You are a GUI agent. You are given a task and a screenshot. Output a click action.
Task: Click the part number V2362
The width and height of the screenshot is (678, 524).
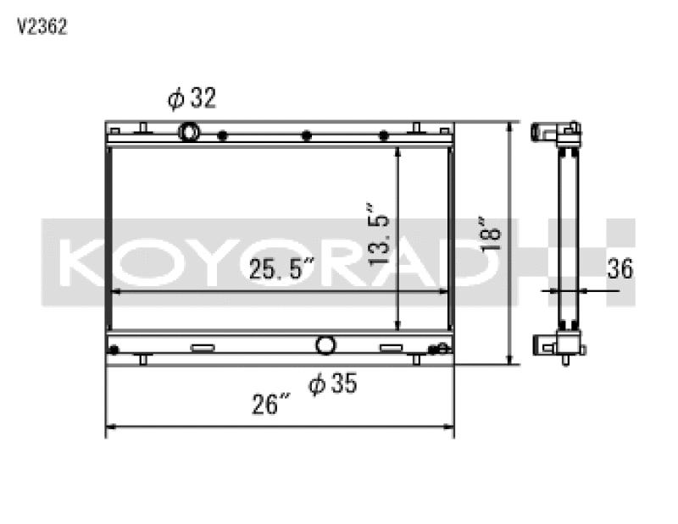pyautogui.click(x=42, y=26)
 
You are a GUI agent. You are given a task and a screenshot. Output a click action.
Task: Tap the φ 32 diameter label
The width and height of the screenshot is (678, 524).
pyautogui.click(x=192, y=100)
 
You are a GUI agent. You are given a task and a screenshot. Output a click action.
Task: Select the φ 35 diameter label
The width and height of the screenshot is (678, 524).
pyautogui.click(x=332, y=385)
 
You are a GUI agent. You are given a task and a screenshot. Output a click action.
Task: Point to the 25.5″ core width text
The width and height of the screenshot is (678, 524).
pyautogui.click(x=282, y=270)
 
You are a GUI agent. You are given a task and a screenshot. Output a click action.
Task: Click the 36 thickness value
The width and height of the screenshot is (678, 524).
pyautogui.click(x=620, y=270)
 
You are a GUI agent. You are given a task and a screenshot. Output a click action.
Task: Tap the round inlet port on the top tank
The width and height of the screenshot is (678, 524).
pyautogui.click(x=189, y=132)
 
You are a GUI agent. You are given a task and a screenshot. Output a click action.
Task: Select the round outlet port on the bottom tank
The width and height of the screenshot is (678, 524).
pyautogui.click(x=325, y=345)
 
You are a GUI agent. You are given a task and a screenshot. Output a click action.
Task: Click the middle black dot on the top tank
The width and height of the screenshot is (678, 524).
pyautogui.click(x=307, y=136)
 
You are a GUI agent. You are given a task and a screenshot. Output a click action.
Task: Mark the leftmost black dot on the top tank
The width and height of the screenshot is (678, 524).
pyautogui.click(x=222, y=136)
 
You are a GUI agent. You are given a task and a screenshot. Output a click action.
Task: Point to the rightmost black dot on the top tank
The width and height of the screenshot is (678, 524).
pyautogui.click(x=383, y=136)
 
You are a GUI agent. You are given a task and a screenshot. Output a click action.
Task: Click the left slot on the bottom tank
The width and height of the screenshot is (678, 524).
pyautogui.click(x=203, y=348)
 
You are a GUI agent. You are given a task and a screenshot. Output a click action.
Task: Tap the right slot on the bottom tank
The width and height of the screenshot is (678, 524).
pyautogui.click(x=391, y=348)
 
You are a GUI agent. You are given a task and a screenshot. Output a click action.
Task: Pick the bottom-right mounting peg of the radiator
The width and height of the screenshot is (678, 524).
pyautogui.click(x=416, y=359)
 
